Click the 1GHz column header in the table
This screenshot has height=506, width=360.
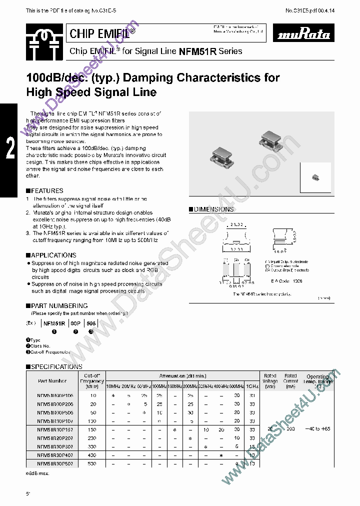[x=252, y=386]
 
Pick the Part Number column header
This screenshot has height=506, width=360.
[x=52, y=381]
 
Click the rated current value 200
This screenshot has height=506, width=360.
[x=290, y=429]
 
